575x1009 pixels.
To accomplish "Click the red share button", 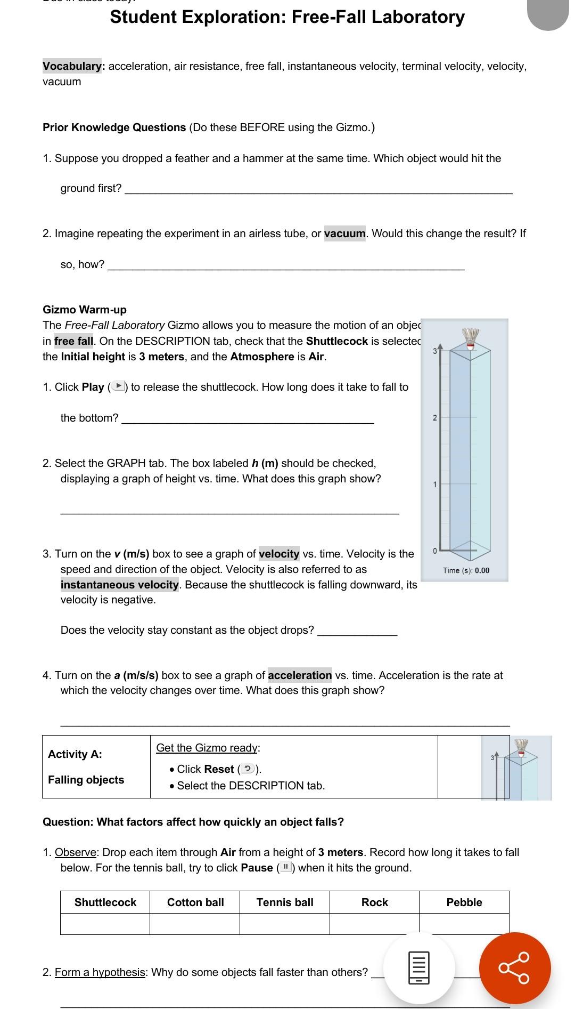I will [x=515, y=968].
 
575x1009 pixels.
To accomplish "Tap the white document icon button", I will [x=419, y=968].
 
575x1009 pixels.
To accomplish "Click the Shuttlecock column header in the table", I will [x=105, y=902].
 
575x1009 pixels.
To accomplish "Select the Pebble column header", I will [x=464, y=902].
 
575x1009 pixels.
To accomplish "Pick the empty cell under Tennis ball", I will [x=285, y=924].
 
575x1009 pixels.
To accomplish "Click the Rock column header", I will [x=374, y=902].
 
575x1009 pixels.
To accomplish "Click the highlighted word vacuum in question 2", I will [x=345, y=233].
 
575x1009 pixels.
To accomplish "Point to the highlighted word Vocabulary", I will [x=73, y=66].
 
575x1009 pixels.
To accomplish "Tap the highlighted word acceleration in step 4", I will [x=300, y=675].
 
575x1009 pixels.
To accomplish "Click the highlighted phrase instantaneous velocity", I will [x=120, y=585].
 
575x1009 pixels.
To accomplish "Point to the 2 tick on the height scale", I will [x=434, y=418].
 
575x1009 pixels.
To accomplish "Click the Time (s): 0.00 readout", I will [x=466, y=570].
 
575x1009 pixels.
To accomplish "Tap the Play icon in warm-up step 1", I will [x=119, y=386].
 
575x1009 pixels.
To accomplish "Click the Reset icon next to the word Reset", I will [x=247, y=769].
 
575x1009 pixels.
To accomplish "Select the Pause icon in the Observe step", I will [x=286, y=868].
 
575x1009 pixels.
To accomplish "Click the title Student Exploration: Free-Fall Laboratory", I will [x=287, y=17].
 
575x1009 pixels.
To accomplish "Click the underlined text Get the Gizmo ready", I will [x=207, y=748].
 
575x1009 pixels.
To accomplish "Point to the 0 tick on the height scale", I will [x=434, y=550].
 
